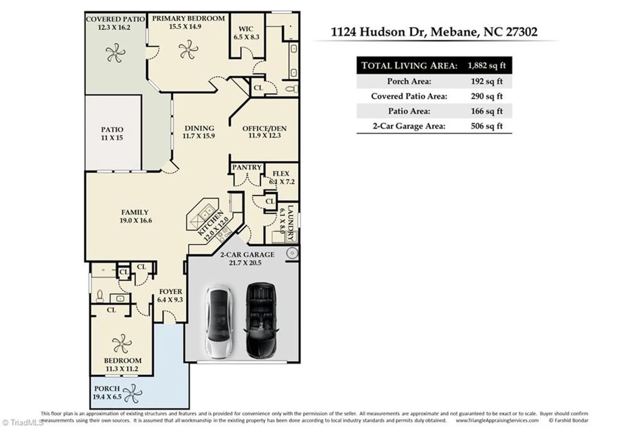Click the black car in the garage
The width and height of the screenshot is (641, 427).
[261, 321]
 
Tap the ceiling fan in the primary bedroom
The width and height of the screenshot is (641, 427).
[188, 49]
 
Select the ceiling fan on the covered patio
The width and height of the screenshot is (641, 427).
[115, 53]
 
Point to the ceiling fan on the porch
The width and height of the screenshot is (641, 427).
[132, 393]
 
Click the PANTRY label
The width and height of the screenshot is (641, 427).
[247, 167]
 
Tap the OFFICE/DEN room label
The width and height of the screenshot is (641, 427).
[264, 132]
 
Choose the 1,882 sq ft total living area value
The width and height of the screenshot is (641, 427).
[487, 65]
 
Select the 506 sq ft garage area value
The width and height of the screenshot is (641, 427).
[487, 126]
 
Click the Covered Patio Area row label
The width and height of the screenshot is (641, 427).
[409, 96]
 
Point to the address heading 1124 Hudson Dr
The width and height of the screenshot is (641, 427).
[434, 32]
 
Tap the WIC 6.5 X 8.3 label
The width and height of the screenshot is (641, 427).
[246, 33]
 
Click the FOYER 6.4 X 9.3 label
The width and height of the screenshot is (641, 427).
[170, 295]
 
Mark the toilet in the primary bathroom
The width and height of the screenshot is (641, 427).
[292, 89]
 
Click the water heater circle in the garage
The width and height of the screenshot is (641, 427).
[292, 253]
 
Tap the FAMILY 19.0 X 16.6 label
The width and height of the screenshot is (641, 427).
[135, 216]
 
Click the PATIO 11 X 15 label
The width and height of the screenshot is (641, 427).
[112, 133]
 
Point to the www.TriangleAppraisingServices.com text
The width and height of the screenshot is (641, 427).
[497, 420]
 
